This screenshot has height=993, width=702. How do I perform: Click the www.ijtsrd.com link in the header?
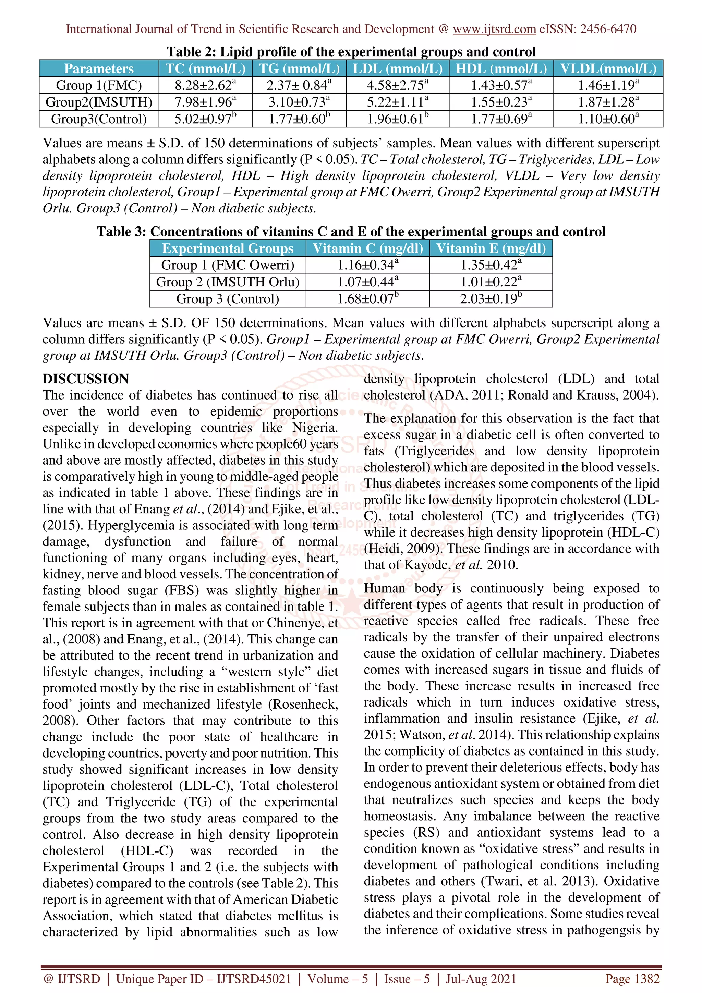(494, 29)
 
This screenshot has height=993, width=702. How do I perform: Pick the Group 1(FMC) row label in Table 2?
(99, 85)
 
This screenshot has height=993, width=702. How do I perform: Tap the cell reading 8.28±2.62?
(205, 85)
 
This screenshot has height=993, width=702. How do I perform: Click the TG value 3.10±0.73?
(299, 102)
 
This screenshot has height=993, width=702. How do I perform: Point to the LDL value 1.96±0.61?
(398, 119)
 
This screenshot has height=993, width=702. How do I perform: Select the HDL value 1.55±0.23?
(501, 102)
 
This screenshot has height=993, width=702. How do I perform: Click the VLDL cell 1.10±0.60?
(608, 119)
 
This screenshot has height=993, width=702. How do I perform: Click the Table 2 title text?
(351, 52)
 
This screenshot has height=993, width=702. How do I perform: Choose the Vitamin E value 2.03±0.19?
(491, 299)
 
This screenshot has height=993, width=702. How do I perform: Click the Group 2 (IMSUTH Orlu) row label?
(228, 282)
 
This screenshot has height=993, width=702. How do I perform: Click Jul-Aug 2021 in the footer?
(481, 978)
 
